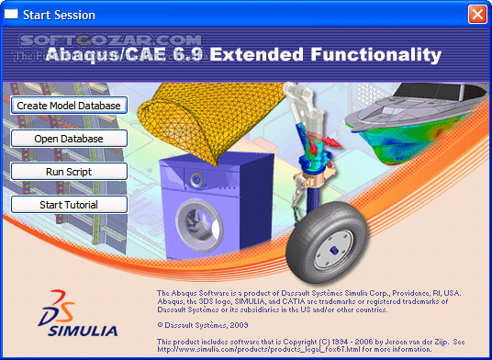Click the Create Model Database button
pyautogui.click(x=67, y=106)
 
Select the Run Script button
pyautogui.click(x=67, y=171)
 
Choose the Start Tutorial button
pyautogui.click(x=67, y=204)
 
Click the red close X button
pyautogui.click(x=476, y=14)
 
